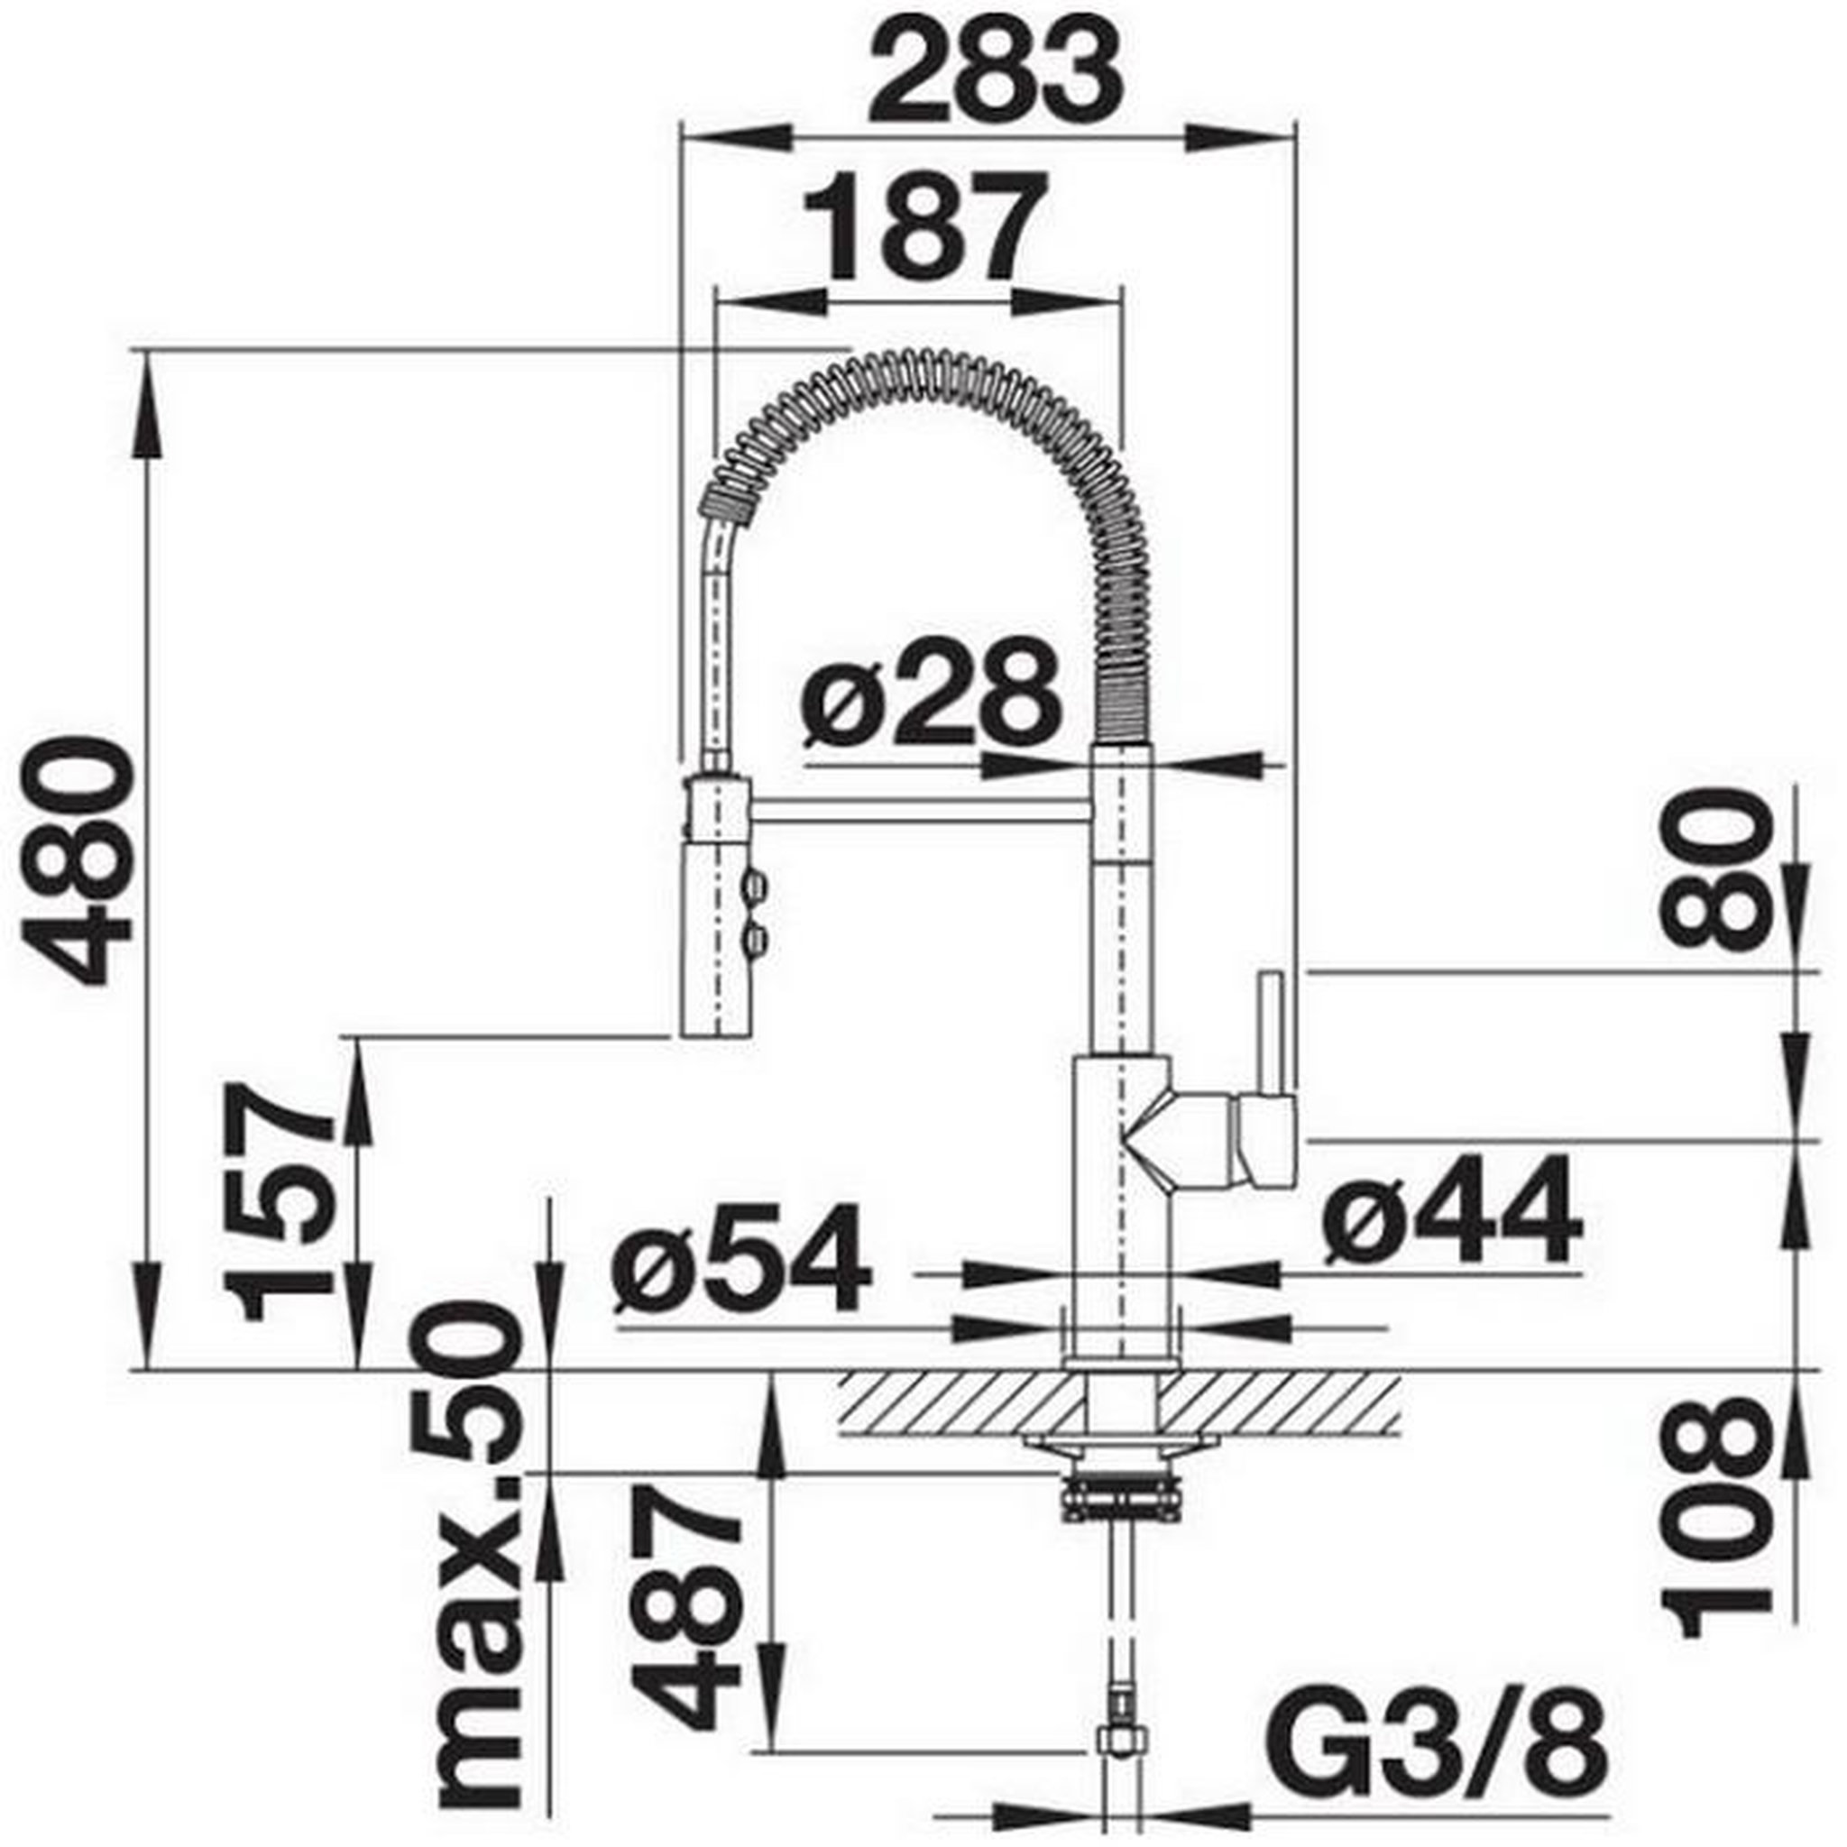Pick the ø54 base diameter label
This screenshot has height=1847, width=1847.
click(742, 1256)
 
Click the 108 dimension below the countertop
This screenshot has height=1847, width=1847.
click(1719, 1518)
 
